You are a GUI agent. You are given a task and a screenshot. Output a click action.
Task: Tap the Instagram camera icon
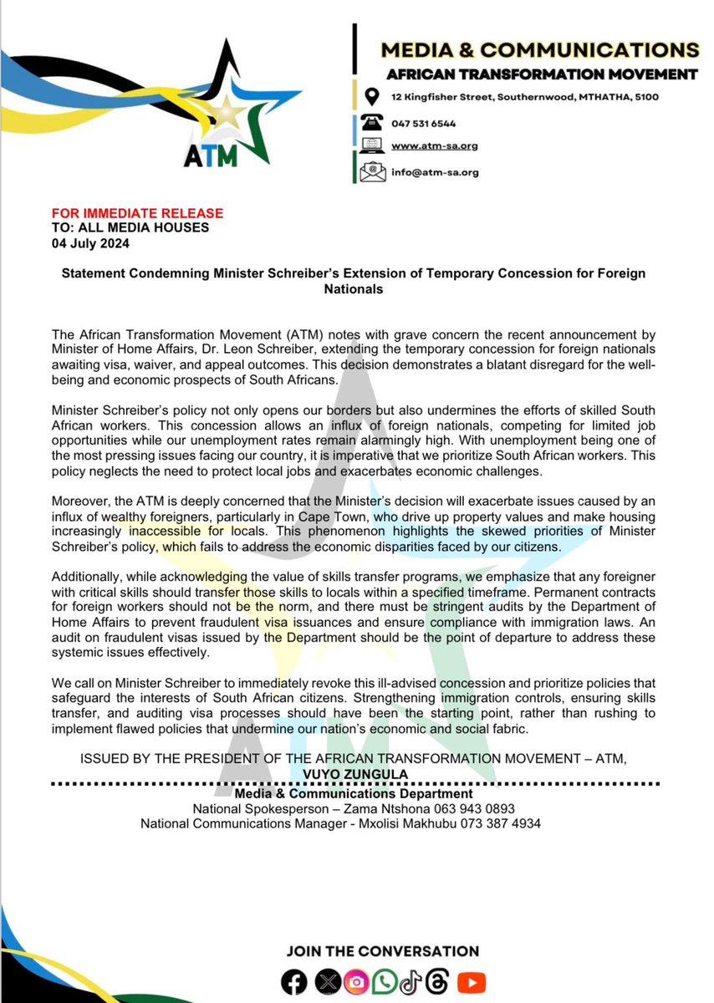[x=357, y=980]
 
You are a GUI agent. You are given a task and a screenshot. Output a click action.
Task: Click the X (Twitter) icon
[x=327, y=980]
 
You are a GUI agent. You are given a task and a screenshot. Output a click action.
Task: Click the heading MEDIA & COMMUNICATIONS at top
[x=539, y=50]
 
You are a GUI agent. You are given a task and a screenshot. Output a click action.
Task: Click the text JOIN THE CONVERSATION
[x=383, y=951]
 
